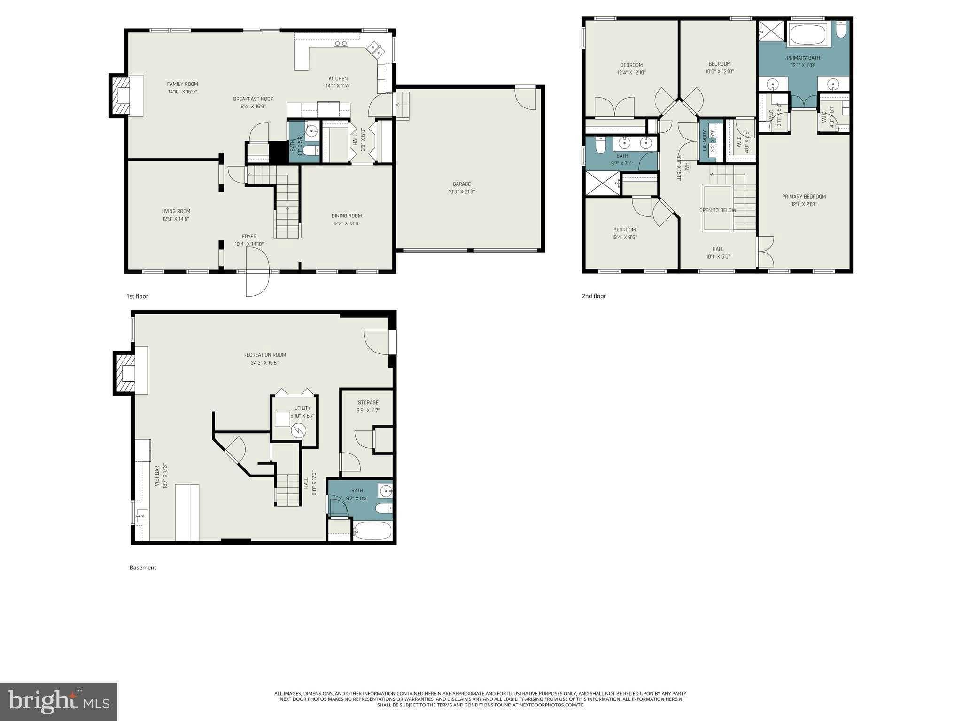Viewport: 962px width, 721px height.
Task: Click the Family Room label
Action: (x=182, y=84)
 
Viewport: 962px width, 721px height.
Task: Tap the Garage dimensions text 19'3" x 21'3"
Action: (x=461, y=192)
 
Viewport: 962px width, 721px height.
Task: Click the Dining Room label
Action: (x=347, y=216)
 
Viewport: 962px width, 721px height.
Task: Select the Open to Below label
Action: (x=717, y=210)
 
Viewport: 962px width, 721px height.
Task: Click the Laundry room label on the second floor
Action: (x=705, y=140)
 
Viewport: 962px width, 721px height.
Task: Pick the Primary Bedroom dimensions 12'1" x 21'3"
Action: (x=804, y=204)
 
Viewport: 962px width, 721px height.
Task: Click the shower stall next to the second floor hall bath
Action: (x=602, y=183)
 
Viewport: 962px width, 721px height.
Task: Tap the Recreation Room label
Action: (x=264, y=355)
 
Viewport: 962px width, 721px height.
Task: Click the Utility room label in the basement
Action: (x=303, y=408)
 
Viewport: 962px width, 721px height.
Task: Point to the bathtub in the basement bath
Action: (x=372, y=531)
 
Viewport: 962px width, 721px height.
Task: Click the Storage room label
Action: (x=368, y=402)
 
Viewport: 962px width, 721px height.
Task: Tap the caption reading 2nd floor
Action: (x=594, y=296)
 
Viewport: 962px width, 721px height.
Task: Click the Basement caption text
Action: (x=143, y=568)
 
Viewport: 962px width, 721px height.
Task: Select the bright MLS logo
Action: (x=59, y=701)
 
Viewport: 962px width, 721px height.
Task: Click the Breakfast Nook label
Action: (x=253, y=99)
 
